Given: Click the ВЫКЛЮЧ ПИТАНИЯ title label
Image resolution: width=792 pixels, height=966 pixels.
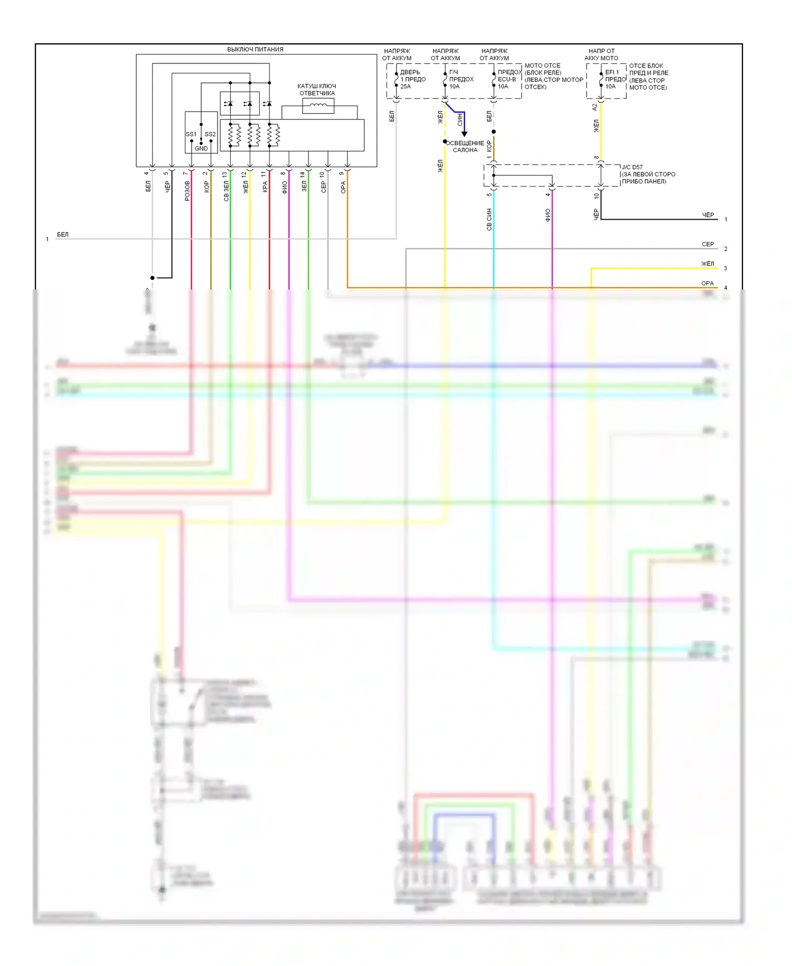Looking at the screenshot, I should pyautogui.click(x=255, y=50).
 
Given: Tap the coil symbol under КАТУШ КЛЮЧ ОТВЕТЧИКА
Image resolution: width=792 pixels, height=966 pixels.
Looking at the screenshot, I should pyautogui.click(x=318, y=106).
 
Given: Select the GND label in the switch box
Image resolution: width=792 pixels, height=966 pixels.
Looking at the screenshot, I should pyautogui.click(x=201, y=148).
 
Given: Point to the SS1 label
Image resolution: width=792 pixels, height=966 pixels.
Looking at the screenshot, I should pyautogui.click(x=191, y=134).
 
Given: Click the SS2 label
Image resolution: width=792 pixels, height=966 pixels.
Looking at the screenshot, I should pyautogui.click(x=210, y=134).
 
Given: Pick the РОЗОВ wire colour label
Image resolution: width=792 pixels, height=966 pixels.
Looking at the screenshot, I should pyautogui.click(x=187, y=191).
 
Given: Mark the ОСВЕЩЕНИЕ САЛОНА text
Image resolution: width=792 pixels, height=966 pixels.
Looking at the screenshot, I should pyautogui.click(x=465, y=146).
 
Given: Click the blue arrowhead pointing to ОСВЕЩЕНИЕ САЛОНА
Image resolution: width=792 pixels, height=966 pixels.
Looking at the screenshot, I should pyautogui.click(x=464, y=134).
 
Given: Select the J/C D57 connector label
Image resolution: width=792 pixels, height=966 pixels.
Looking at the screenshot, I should pyautogui.click(x=632, y=167).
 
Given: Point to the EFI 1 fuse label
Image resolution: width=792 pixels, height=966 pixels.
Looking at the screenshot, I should pyautogui.click(x=612, y=72).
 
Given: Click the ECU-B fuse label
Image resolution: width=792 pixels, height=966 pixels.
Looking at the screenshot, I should pyautogui.click(x=507, y=79).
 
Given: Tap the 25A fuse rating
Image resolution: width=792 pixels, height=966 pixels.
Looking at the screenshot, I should pyautogui.click(x=406, y=86).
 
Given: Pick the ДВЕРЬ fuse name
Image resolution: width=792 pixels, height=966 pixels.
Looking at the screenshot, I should pyautogui.click(x=410, y=72).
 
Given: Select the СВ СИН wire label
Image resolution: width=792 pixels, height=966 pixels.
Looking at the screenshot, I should pyautogui.click(x=489, y=219).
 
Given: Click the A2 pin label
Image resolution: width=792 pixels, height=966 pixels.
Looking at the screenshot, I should pyautogui.click(x=595, y=107).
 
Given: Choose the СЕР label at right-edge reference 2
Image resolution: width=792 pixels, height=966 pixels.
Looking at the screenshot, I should pyautogui.click(x=708, y=244).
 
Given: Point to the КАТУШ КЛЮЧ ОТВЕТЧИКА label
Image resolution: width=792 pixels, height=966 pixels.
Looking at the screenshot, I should pyautogui.click(x=317, y=90).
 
